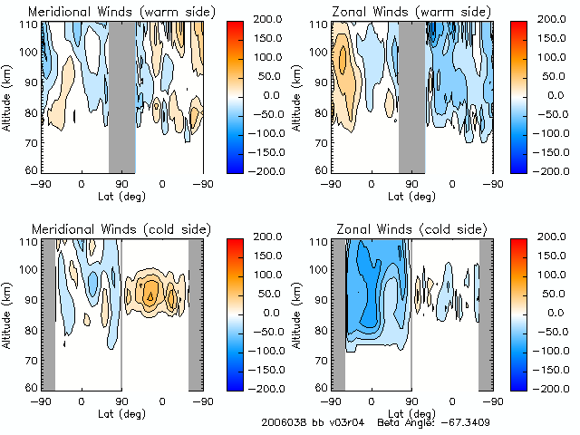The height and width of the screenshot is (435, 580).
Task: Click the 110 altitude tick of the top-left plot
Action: (29, 24)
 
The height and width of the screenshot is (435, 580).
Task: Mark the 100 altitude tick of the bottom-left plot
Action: (29, 270)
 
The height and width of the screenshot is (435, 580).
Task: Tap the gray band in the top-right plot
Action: (411, 96)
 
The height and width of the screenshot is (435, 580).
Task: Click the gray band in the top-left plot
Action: (122, 96)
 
